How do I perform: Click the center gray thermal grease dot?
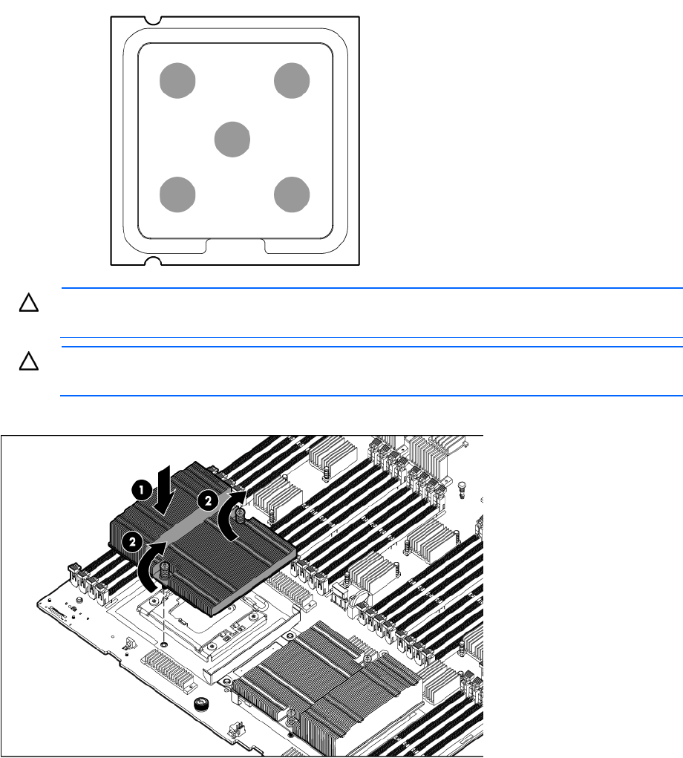[232, 140]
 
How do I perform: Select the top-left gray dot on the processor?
[177, 81]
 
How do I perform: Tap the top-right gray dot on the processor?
[292, 81]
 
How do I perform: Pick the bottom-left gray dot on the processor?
[177, 195]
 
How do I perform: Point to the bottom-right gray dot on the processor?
[292, 195]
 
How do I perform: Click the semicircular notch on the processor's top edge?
[152, 20]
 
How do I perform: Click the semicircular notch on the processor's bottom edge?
[152, 261]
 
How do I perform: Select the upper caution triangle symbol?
[28, 303]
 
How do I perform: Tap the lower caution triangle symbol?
[28, 361]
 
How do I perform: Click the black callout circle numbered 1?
[141, 490]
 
